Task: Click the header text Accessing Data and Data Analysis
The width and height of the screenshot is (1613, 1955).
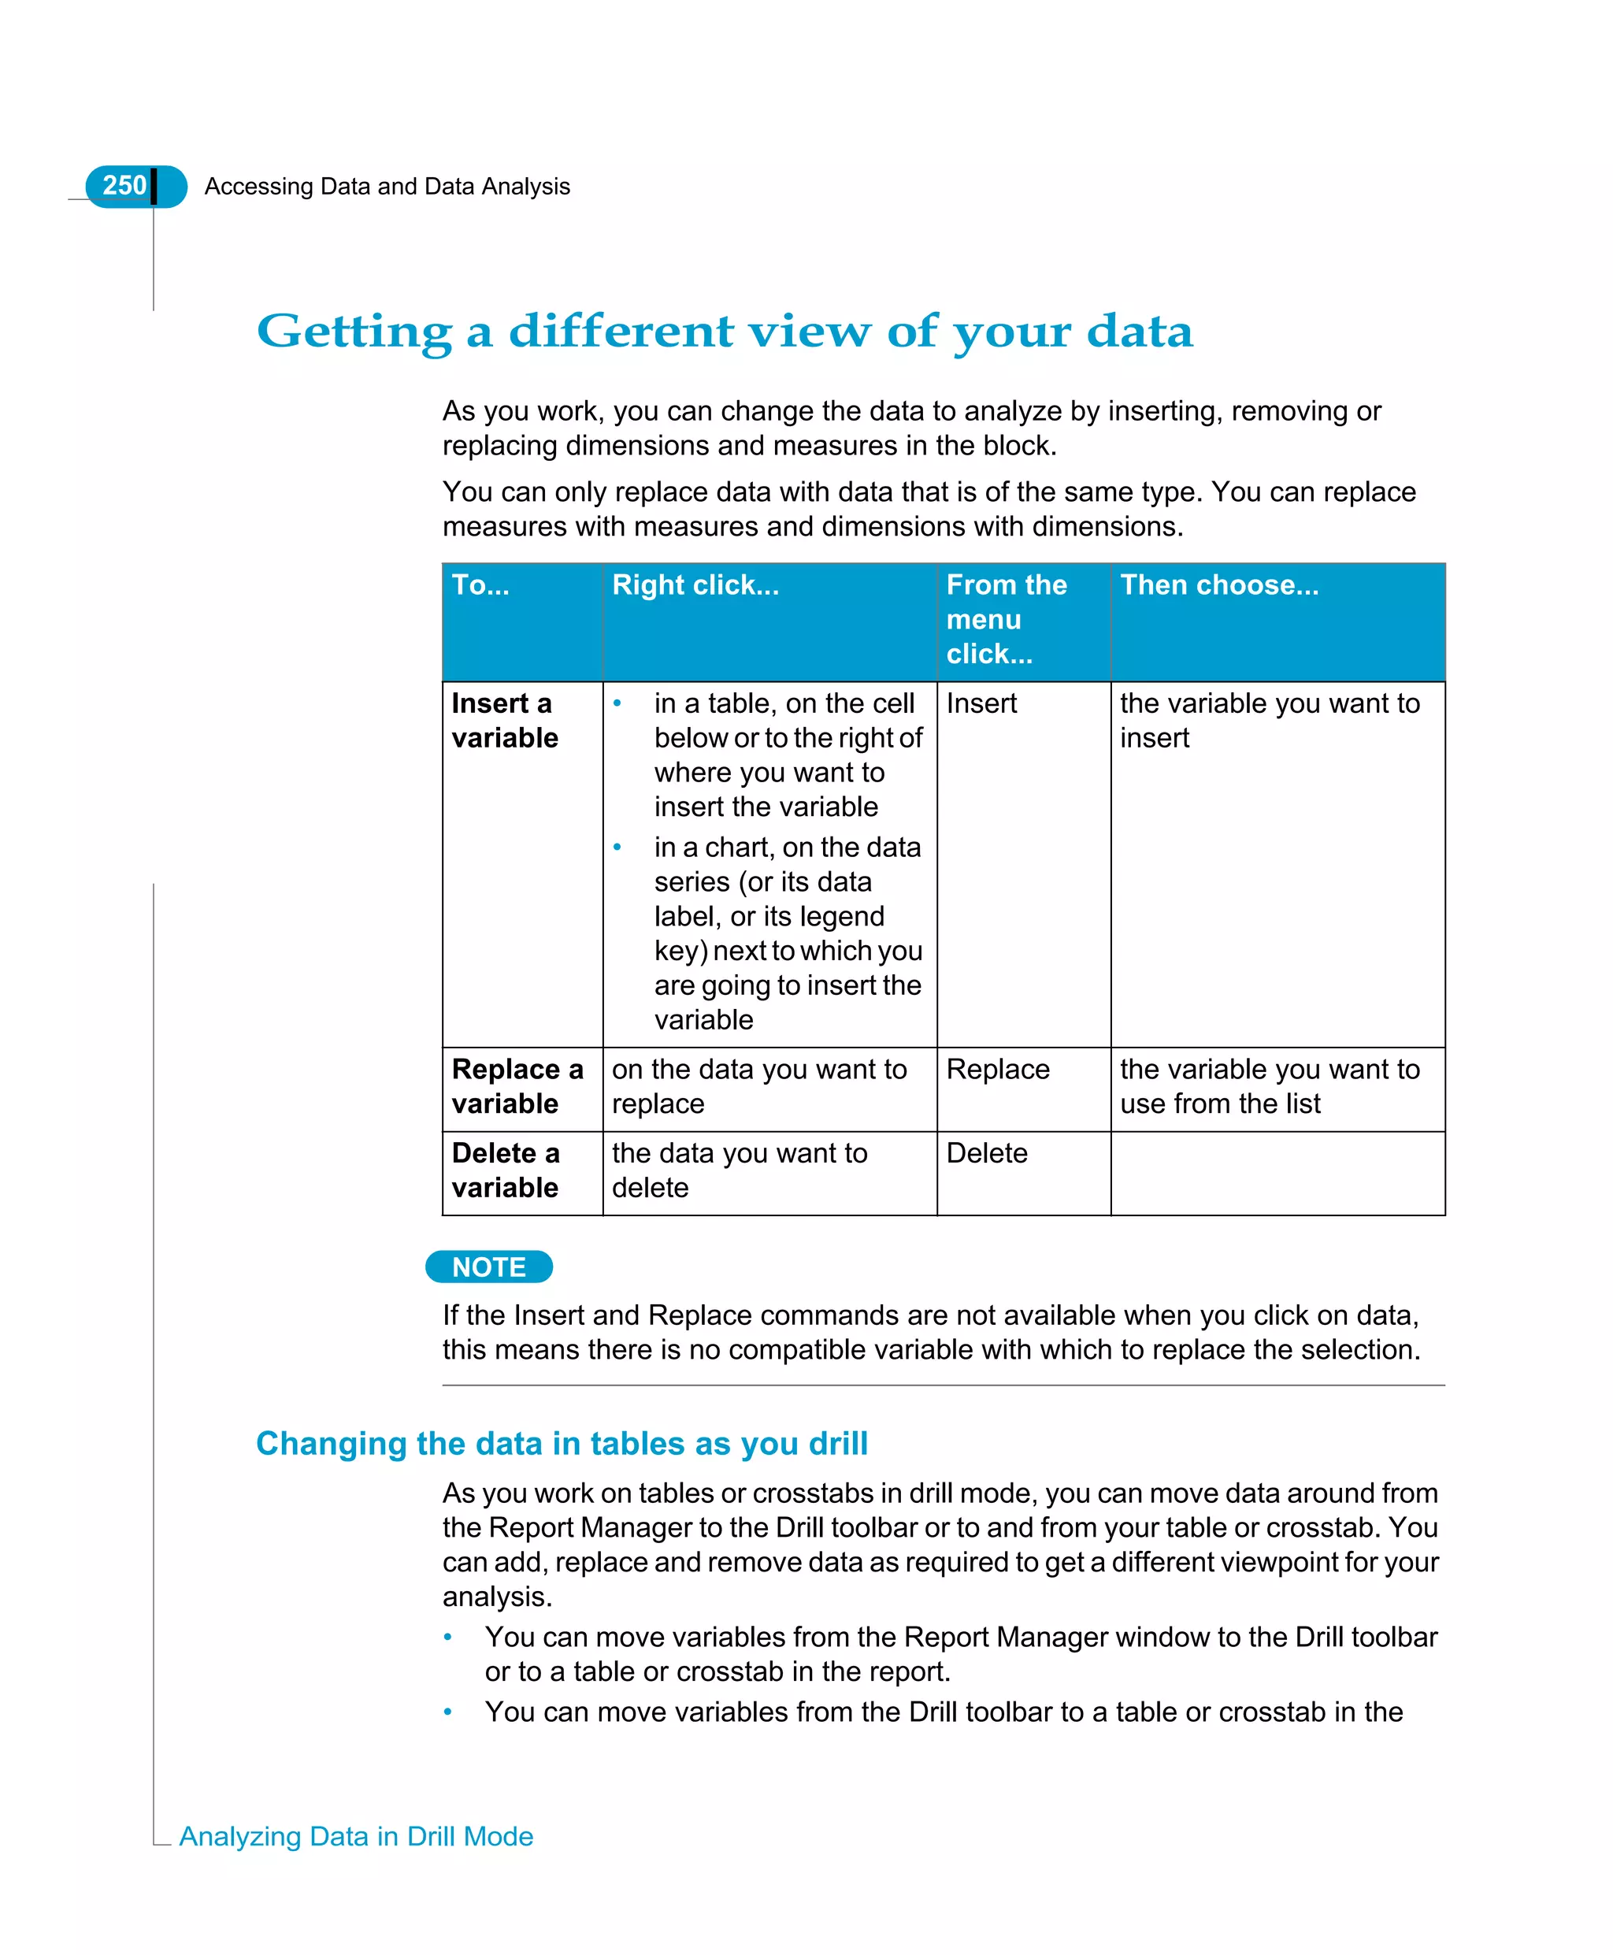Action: [x=387, y=187]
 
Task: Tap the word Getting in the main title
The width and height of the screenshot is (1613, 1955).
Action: [x=354, y=332]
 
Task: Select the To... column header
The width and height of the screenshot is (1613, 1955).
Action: [x=480, y=584]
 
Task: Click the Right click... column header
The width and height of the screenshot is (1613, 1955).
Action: [x=695, y=584]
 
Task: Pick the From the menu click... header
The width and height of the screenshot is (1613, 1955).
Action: [x=1007, y=619]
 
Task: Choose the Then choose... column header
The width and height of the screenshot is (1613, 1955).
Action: [x=1219, y=584]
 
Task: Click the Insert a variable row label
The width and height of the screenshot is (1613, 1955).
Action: [x=505, y=720]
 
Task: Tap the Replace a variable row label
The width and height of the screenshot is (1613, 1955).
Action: [x=517, y=1086]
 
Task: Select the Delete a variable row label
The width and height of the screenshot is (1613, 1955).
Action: [x=506, y=1170]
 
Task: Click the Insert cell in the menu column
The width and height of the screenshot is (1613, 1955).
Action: [x=981, y=703]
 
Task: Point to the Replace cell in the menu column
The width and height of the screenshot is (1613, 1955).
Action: [x=997, y=1070]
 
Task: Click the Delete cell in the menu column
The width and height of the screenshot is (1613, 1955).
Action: [x=987, y=1153]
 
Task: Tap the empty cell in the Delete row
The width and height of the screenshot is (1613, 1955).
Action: [x=1277, y=1173]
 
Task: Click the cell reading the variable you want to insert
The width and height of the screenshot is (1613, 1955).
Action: [x=1270, y=720]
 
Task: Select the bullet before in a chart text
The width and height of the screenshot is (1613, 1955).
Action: [x=617, y=847]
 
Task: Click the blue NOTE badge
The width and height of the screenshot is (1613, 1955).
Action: [x=489, y=1267]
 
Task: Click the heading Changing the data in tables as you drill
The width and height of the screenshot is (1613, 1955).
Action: [x=562, y=1444]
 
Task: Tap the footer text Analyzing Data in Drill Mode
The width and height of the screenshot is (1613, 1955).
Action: [x=356, y=1837]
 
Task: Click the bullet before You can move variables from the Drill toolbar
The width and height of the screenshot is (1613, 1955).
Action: [x=448, y=1712]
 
